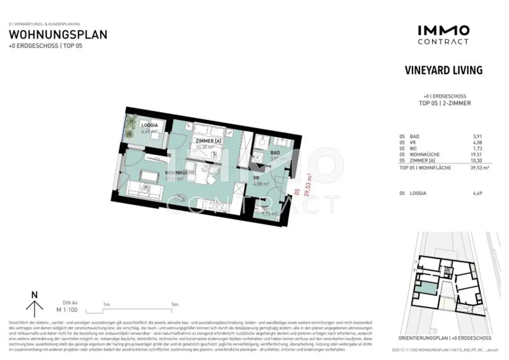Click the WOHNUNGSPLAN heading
(x=58, y=35)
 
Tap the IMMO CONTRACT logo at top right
(x=443, y=35)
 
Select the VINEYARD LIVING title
(x=443, y=70)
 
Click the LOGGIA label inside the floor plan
(x=149, y=126)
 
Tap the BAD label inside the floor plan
(x=275, y=153)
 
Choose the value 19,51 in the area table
(x=475, y=155)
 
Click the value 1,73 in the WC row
(x=476, y=149)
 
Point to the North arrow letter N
(x=34, y=295)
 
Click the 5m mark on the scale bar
(x=174, y=304)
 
